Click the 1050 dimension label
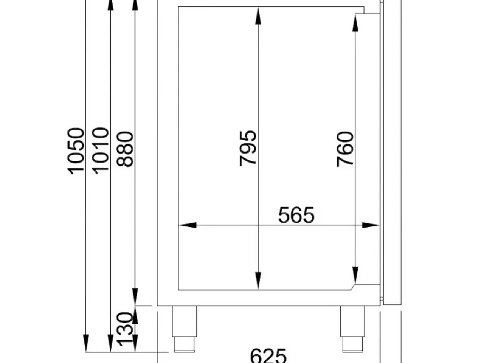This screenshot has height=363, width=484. point(76,151)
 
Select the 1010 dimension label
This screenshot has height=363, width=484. point(100,151)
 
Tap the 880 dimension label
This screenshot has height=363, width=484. point(125,149)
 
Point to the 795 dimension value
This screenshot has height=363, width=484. point(248,148)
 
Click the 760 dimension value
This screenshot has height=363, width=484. point(345,149)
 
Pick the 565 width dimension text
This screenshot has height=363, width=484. point(296,215)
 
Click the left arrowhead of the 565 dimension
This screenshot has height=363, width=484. point(188,225)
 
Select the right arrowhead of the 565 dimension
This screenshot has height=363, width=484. point(371,225)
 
